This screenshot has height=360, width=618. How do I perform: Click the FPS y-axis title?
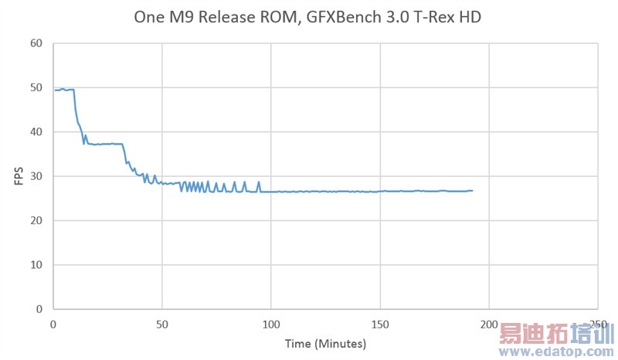(x=18, y=176)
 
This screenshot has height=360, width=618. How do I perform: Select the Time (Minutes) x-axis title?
(x=325, y=342)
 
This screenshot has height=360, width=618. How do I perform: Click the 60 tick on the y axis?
(x=36, y=43)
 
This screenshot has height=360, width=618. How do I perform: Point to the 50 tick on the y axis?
(x=36, y=88)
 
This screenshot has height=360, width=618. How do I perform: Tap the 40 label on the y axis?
(x=36, y=132)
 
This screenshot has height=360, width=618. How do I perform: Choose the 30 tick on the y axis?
(x=36, y=177)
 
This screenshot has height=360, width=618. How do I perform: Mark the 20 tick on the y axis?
(x=36, y=221)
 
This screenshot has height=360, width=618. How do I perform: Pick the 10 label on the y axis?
(x=36, y=265)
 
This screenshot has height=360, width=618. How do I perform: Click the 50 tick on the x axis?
(x=162, y=323)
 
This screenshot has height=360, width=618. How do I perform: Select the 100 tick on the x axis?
(x=271, y=323)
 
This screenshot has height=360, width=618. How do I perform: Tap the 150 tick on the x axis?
(x=380, y=323)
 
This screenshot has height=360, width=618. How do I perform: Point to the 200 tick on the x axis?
(x=489, y=323)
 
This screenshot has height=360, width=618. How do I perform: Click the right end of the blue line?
(x=472, y=191)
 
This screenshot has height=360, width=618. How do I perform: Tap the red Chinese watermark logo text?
(x=555, y=334)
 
